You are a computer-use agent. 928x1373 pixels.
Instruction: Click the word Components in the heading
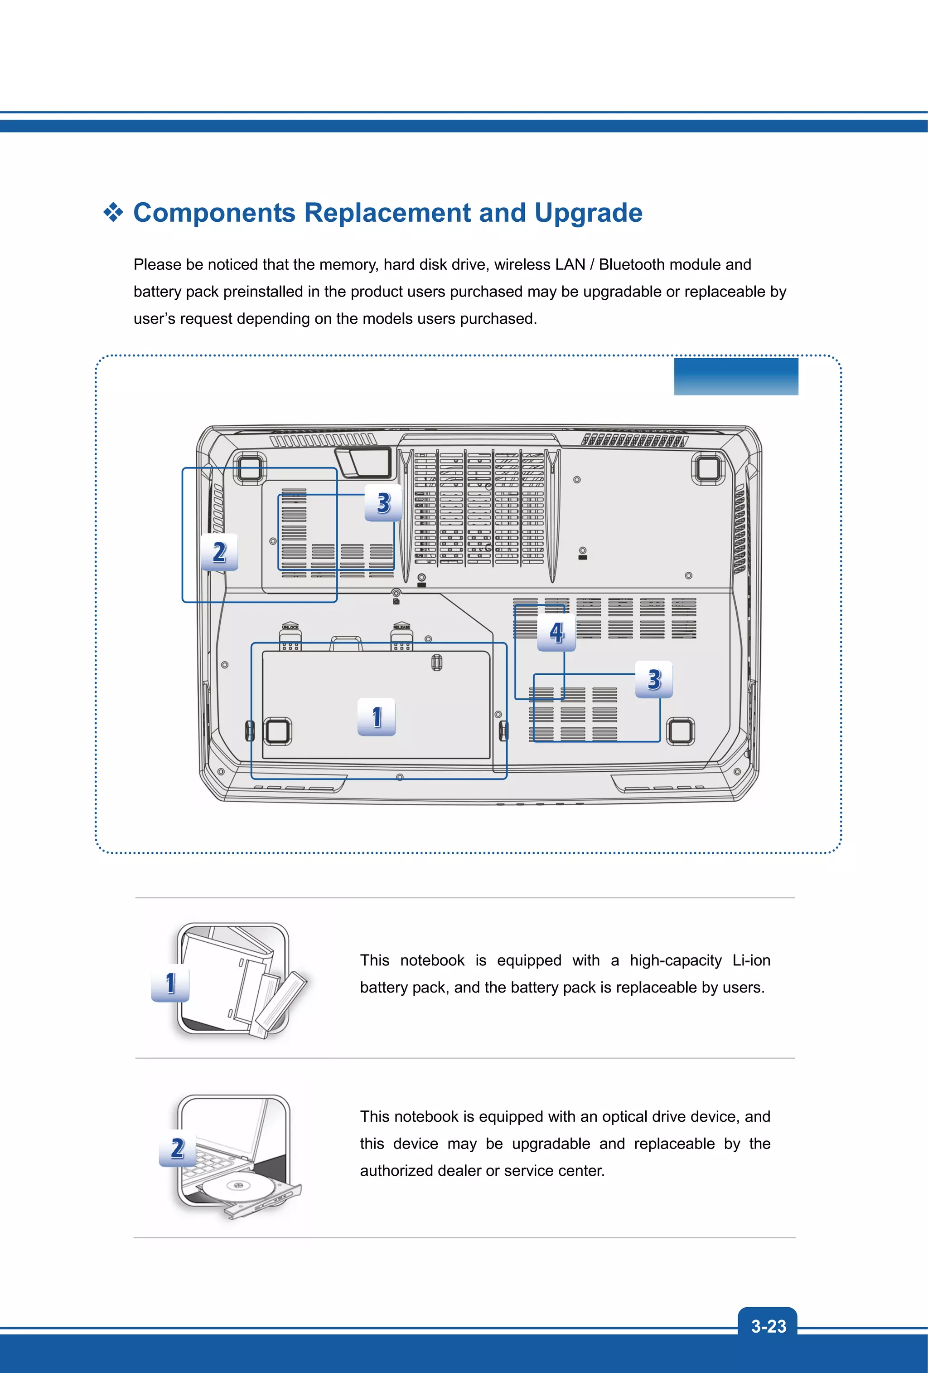point(214,213)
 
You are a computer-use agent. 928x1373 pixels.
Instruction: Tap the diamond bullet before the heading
point(113,212)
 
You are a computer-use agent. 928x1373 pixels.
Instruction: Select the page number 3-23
point(768,1326)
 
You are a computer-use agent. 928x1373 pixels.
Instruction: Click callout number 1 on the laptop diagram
point(377,717)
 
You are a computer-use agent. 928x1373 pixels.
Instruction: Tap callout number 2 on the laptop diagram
point(219,552)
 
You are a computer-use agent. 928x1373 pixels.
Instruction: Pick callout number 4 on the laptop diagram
point(556,633)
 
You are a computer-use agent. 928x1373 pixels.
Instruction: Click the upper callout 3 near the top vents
point(383,503)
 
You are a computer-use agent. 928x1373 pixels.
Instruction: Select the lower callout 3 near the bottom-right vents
point(653,679)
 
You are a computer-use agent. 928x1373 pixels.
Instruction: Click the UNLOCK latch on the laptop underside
point(290,636)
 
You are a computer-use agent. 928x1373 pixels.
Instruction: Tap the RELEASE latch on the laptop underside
point(401,636)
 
